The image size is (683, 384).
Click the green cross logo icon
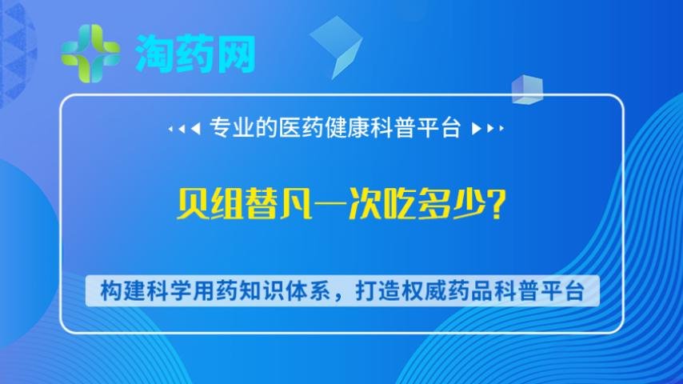90,54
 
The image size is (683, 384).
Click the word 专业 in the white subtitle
226,128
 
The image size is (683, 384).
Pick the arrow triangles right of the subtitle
488,129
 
